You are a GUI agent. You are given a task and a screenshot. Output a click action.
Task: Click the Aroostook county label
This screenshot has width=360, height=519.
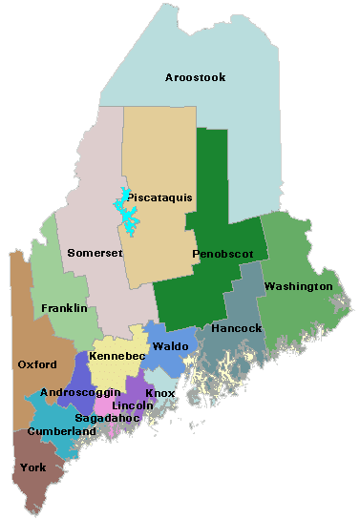195,77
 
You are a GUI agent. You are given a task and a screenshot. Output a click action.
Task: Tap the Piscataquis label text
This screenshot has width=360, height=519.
159,197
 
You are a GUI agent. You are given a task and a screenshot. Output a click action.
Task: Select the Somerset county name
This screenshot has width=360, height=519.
95,253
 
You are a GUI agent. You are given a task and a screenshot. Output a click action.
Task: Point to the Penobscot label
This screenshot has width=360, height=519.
222,255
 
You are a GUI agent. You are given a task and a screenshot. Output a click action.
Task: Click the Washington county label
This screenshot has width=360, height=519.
299,286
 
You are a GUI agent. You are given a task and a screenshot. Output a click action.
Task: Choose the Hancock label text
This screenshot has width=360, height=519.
237,328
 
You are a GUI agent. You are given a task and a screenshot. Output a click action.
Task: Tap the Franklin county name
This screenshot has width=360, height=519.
64,308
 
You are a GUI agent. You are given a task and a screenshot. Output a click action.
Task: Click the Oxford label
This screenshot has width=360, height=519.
37,363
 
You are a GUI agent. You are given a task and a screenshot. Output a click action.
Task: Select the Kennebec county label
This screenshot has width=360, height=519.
116,356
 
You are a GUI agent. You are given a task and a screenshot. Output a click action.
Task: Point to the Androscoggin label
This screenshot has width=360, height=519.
80,392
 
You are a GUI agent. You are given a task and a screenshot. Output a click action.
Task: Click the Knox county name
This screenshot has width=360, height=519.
159,392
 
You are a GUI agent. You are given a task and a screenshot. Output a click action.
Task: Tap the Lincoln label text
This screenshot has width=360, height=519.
133,405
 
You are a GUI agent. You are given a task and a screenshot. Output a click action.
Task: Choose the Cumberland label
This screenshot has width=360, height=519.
62,431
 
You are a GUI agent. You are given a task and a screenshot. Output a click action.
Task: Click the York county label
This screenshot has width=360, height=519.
32,468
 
